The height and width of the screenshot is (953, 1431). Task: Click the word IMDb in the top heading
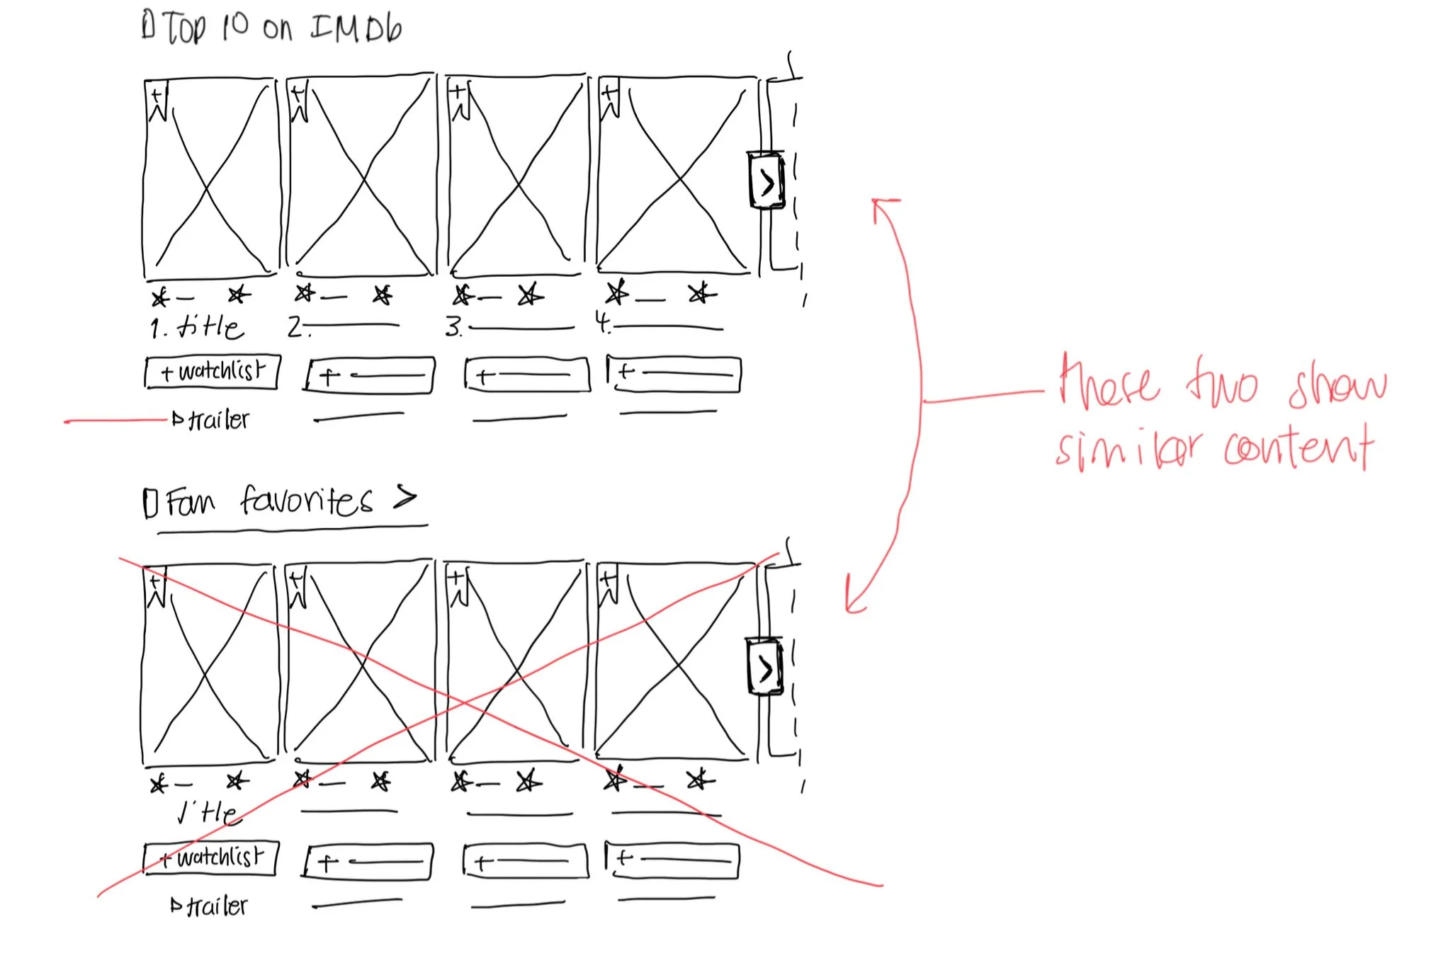click(356, 28)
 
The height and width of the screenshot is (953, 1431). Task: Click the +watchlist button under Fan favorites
click(211, 858)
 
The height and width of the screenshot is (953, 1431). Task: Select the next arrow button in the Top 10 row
click(767, 181)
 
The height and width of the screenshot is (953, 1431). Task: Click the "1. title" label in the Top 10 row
click(197, 327)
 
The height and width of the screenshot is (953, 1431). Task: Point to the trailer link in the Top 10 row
click(211, 420)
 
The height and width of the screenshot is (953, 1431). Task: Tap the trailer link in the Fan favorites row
click(210, 906)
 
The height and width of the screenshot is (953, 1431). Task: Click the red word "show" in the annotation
click(1337, 387)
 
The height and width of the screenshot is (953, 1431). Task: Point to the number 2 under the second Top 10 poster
click(295, 326)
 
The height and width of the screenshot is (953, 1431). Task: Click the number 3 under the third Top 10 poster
click(453, 327)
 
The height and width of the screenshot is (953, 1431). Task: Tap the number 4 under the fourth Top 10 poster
click(602, 323)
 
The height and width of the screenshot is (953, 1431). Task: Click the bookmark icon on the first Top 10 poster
click(157, 101)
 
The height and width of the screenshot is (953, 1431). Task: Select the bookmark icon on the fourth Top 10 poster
click(609, 98)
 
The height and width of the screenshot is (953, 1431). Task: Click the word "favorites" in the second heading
click(306, 501)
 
